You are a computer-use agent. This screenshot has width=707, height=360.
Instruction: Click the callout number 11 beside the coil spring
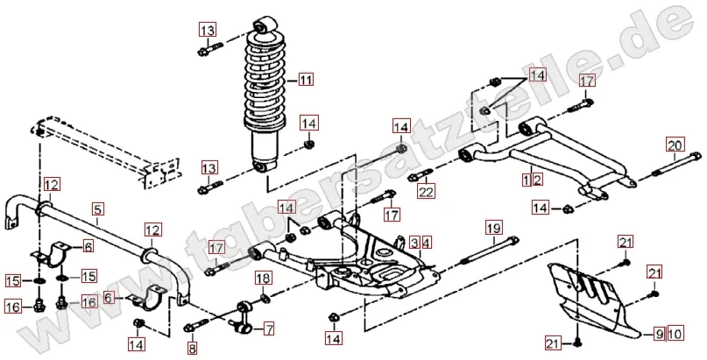304,81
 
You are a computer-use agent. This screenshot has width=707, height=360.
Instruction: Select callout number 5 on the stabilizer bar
98,209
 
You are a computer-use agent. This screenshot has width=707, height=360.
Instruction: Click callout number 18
262,279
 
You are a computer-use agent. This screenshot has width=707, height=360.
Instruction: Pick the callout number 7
268,328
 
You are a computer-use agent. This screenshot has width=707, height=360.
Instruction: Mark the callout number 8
192,348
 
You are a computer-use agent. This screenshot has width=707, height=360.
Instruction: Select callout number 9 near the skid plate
660,334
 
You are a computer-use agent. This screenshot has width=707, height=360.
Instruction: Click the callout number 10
675,334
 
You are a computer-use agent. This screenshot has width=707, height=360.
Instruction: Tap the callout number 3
413,242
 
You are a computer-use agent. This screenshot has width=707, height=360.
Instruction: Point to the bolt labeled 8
192,328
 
